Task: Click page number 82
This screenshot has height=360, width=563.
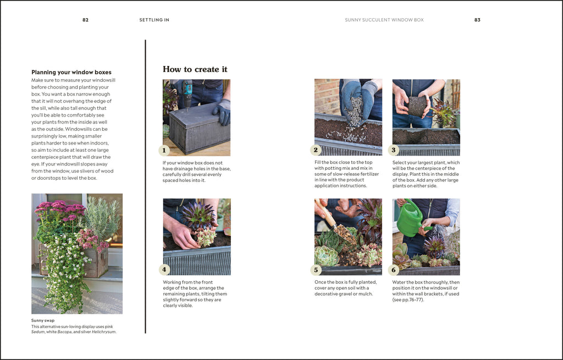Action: pyautogui.click(x=85, y=20)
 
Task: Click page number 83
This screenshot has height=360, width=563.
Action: pyautogui.click(x=477, y=20)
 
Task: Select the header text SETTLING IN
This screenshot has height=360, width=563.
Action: pyautogui.click(x=154, y=20)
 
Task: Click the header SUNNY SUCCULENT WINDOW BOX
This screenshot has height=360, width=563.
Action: pyautogui.click(x=384, y=20)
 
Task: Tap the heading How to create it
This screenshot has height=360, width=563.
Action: pyautogui.click(x=195, y=69)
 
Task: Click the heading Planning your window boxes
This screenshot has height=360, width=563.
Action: pyautogui.click(x=71, y=72)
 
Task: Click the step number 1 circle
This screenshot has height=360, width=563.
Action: pyautogui.click(x=164, y=150)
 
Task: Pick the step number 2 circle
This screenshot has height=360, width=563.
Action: pyautogui.click(x=316, y=150)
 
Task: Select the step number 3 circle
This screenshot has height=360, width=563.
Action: pyautogui.click(x=393, y=150)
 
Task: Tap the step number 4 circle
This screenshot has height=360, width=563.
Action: pyautogui.click(x=164, y=269)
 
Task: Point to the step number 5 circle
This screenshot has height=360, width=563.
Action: pyautogui.click(x=316, y=270)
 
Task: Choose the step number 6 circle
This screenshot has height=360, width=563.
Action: pyautogui.click(x=393, y=270)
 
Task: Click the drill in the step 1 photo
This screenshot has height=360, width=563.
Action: pyautogui.click(x=187, y=95)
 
